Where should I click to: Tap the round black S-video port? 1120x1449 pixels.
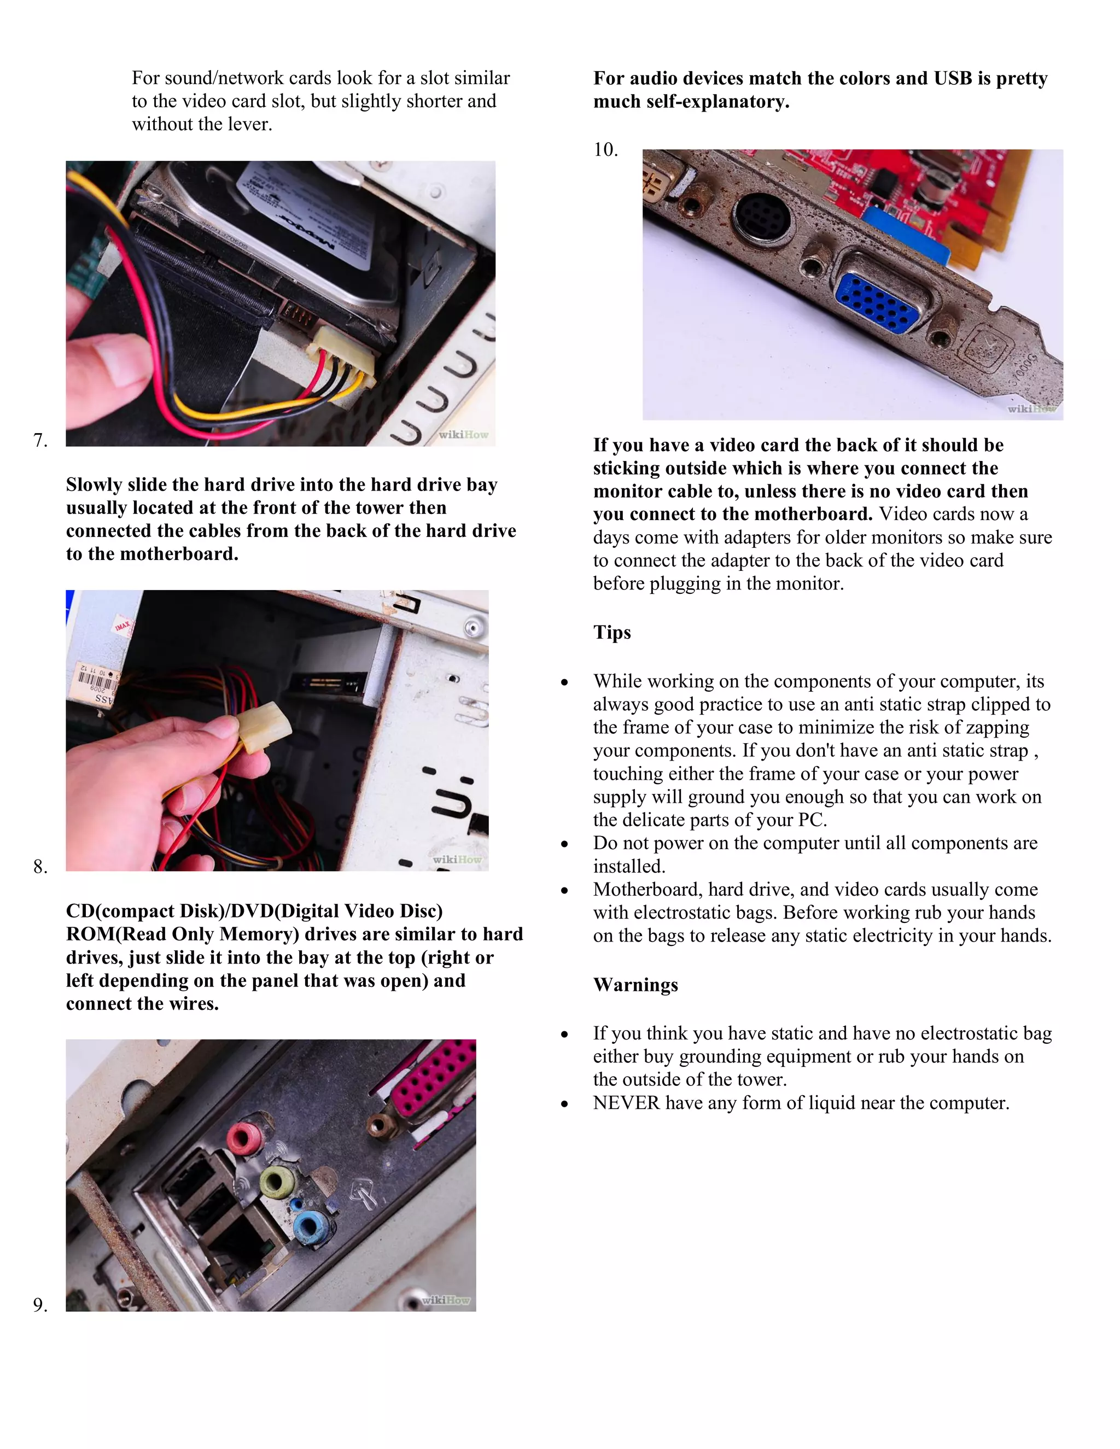(762, 217)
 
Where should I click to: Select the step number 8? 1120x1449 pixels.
(40, 867)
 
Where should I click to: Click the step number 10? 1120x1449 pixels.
(605, 150)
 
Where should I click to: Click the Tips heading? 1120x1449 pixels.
(612, 632)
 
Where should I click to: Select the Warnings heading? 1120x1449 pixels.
(635, 985)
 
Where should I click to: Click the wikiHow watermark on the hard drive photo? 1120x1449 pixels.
(463, 435)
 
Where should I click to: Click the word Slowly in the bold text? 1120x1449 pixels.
(94, 485)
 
